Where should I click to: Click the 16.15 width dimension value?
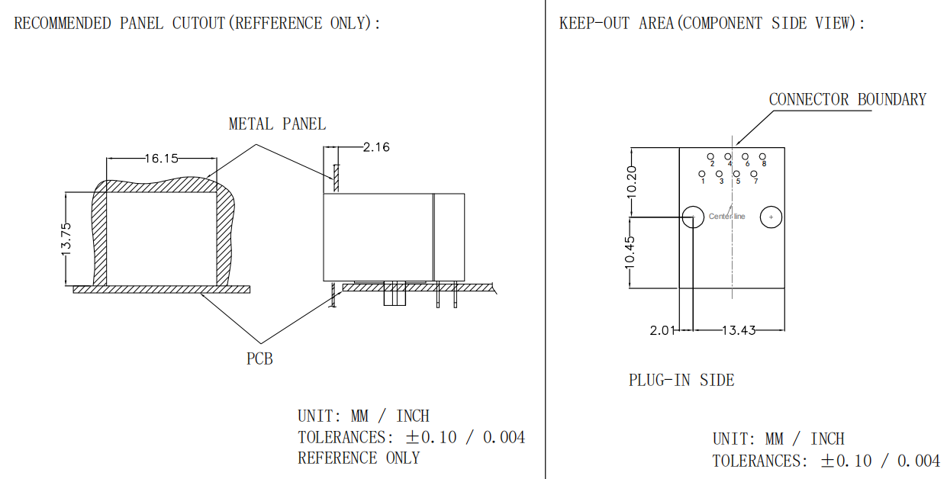pos(162,159)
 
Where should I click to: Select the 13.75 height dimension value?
pos(66,239)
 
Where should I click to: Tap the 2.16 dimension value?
pos(376,147)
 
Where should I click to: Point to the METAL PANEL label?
pos(277,124)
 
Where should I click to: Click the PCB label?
pos(259,358)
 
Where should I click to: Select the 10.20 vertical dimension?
pos(631,182)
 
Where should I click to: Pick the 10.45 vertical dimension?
pos(630,252)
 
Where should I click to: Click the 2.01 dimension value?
pos(662,330)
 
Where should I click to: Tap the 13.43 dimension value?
pos(739,330)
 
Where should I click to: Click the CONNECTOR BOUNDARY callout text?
pos(848,100)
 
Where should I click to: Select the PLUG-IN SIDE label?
pos(681,380)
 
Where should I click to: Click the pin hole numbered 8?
pos(762,156)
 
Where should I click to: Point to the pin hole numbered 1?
pos(702,174)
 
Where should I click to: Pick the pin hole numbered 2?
pos(710,156)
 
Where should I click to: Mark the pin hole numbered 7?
pos(754,174)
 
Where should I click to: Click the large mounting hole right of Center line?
pos(771,217)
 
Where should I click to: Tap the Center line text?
pos(726,217)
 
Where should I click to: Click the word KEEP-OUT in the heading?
pos(594,23)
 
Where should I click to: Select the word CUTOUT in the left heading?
pos(198,23)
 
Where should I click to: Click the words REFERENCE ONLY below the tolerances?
pos(359,458)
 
